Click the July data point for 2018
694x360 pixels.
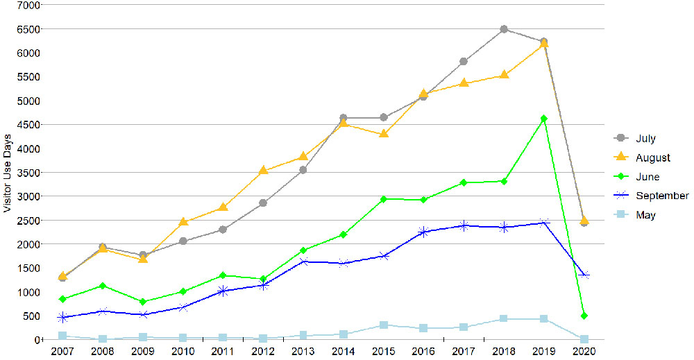click(x=504, y=29)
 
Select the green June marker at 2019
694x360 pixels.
click(x=544, y=119)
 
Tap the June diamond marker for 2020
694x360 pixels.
click(x=584, y=316)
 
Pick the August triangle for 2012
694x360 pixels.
click(x=262, y=170)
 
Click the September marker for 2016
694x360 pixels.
click(x=423, y=232)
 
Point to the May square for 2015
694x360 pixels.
click(x=383, y=325)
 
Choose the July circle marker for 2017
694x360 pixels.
click(x=464, y=62)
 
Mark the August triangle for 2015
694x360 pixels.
click(x=383, y=133)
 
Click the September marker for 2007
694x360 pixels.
click(x=62, y=317)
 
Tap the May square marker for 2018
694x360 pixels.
click(x=504, y=318)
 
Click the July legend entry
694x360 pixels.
click(x=645, y=139)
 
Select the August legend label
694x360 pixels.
click(x=653, y=158)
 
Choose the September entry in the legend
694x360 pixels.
click(x=662, y=196)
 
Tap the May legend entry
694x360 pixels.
click(x=645, y=215)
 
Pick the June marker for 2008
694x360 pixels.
click(x=103, y=286)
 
